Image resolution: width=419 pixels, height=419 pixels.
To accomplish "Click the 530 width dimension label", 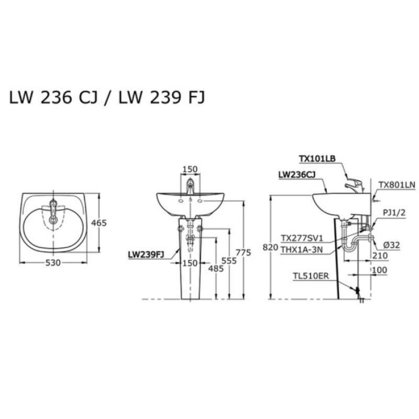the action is point(53,263).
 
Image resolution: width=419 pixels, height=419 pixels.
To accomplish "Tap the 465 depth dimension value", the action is point(99,223).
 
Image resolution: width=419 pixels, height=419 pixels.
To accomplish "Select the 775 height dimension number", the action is point(244,252).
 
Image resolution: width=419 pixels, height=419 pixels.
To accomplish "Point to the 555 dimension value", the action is point(229,260).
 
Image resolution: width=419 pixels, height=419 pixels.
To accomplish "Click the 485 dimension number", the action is point(216,269).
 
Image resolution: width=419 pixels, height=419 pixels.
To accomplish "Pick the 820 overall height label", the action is point(270,247).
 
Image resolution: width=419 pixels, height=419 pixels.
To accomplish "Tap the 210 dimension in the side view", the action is point(380,256).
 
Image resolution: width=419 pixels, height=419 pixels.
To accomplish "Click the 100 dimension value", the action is point(379,270).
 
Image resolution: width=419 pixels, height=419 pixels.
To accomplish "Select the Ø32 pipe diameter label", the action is point(391,245).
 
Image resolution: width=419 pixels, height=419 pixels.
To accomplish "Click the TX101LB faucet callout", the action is point(317,159).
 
